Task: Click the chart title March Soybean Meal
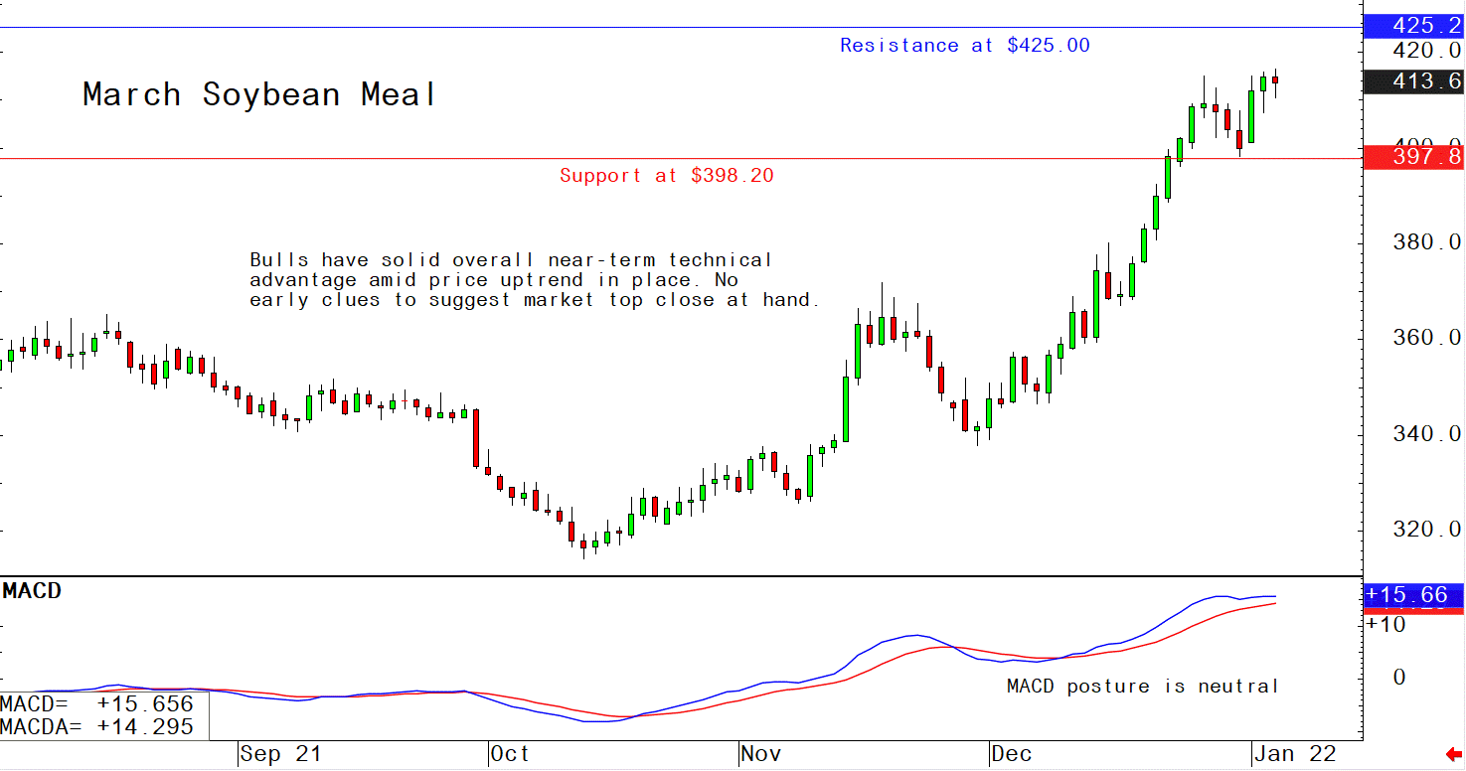click(x=259, y=95)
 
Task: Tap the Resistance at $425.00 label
click(x=964, y=46)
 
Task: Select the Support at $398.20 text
click(x=666, y=176)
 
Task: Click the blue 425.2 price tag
click(x=1414, y=26)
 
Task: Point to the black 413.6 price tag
click(x=1414, y=81)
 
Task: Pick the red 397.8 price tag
click(x=1414, y=157)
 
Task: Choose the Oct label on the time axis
click(x=509, y=755)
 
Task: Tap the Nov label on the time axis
click(x=762, y=755)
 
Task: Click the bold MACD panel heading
click(x=32, y=591)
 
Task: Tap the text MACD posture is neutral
click(x=1142, y=687)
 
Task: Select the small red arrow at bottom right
click(x=1453, y=756)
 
